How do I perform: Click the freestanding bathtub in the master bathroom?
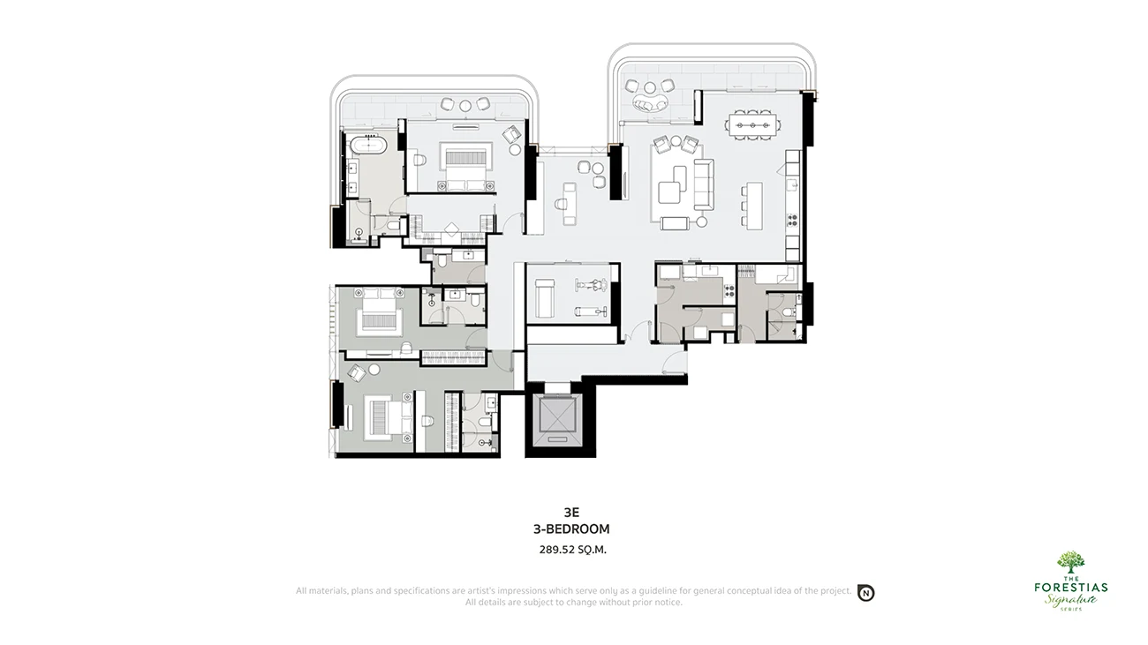(x=368, y=146)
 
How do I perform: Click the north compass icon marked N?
(x=866, y=593)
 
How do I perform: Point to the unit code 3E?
(x=571, y=513)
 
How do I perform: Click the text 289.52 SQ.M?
(x=572, y=550)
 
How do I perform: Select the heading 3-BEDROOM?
(x=571, y=529)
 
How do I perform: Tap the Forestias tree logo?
(x=1070, y=563)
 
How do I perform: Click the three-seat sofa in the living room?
(x=704, y=184)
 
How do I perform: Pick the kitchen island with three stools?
(x=751, y=206)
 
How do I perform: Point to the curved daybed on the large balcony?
(x=650, y=103)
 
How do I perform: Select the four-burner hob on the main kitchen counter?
(x=792, y=220)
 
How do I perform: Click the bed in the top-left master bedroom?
(x=466, y=167)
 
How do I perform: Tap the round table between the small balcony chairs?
(x=464, y=106)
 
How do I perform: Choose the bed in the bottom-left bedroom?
(x=389, y=417)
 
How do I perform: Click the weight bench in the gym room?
(x=545, y=298)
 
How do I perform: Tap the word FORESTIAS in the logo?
(x=1070, y=587)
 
